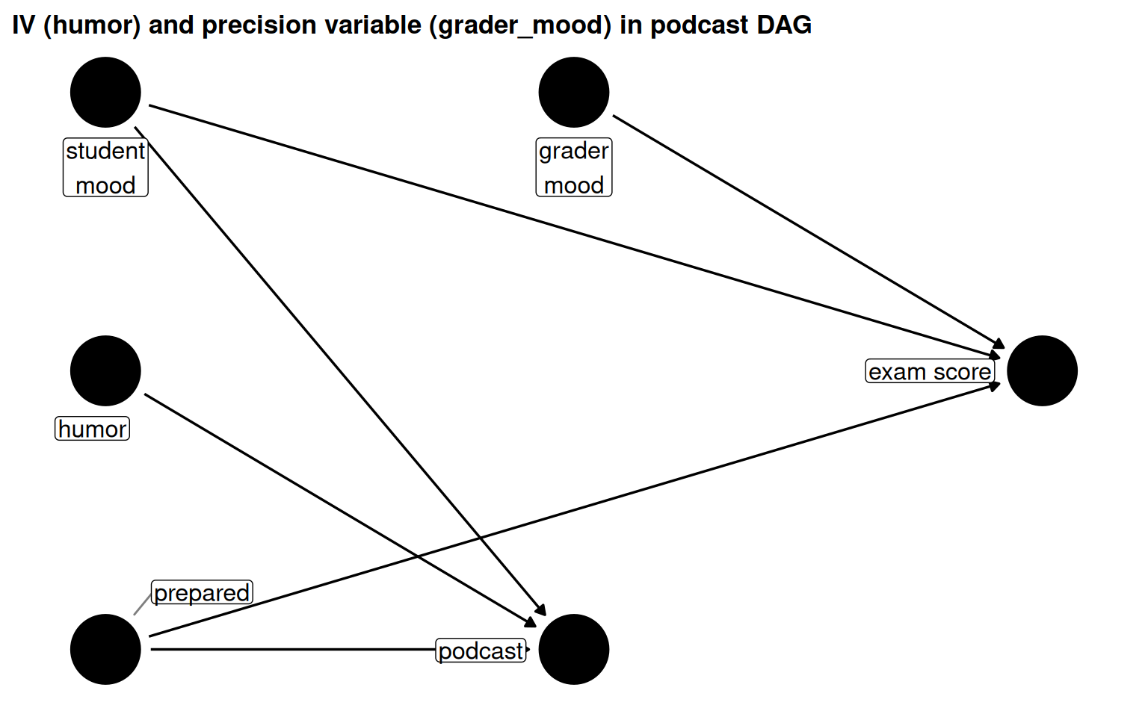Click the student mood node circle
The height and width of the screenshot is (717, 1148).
pyautogui.click(x=105, y=93)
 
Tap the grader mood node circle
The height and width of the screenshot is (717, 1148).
pyautogui.click(x=573, y=93)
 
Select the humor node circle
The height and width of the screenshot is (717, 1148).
pyautogui.click(x=105, y=371)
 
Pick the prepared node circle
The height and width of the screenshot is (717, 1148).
pyautogui.click(x=105, y=649)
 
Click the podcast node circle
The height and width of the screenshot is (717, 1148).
pyautogui.click(x=573, y=649)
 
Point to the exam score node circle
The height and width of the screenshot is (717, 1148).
pyautogui.click(x=1042, y=371)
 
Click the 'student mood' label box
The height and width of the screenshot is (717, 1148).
pyautogui.click(x=105, y=167)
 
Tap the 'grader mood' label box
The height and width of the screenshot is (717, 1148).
pyautogui.click(x=573, y=167)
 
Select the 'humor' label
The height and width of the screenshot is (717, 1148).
pyautogui.click(x=93, y=429)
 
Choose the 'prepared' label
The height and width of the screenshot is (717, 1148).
pyautogui.click(x=202, y=592)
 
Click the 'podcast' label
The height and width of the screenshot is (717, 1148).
pyautogui.click(x=481, y=651)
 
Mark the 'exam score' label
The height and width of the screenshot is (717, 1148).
pyautogui.click(x=930, y=371)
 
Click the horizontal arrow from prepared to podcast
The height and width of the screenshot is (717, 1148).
pyautogui.click(x=291, y=649)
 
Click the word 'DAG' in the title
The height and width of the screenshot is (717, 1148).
pyautogui.click(x=783, y=25)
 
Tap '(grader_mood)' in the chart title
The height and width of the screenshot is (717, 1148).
pyautogui.click(x=520, y=25)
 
